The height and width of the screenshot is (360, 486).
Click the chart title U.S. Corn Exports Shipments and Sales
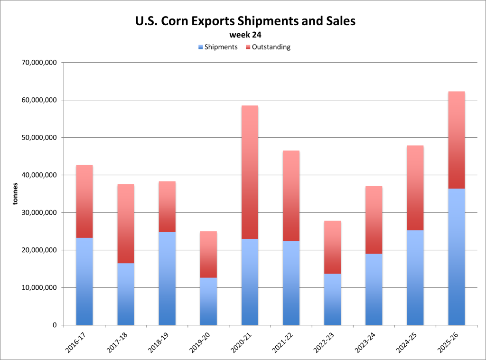245,21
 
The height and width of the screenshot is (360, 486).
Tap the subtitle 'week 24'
245,35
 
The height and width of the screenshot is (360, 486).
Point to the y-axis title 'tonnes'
16,194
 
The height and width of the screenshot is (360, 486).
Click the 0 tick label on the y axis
54,325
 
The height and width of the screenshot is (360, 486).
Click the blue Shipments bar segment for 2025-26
457,256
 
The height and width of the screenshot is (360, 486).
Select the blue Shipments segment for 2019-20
208,301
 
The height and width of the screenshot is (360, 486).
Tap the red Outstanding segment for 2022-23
332,247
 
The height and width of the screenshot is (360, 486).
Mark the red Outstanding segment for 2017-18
126,224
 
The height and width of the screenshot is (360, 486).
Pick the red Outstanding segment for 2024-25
415,188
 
